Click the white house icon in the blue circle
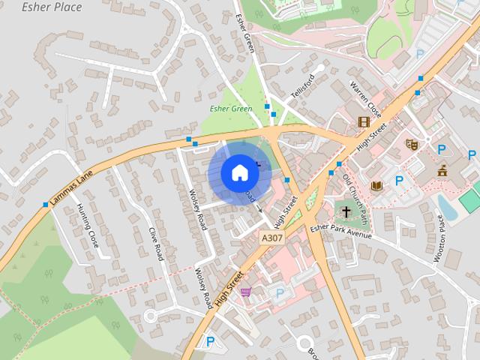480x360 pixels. tap(239, 172)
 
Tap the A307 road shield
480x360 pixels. tap(271, 237)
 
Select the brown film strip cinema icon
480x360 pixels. tap(364, 122)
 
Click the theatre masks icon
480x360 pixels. tap(411, 143)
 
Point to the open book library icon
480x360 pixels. tap(376, 185)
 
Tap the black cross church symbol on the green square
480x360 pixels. tap(347, 211)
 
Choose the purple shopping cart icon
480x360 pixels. tap(245, 293)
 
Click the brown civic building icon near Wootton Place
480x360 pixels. tap(442, 169)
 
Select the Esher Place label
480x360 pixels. tap(52, 7)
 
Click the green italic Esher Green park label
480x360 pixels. tap(230, 109)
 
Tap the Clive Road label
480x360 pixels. tap(156, 244)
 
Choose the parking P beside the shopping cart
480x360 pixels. tap(280, 293)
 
